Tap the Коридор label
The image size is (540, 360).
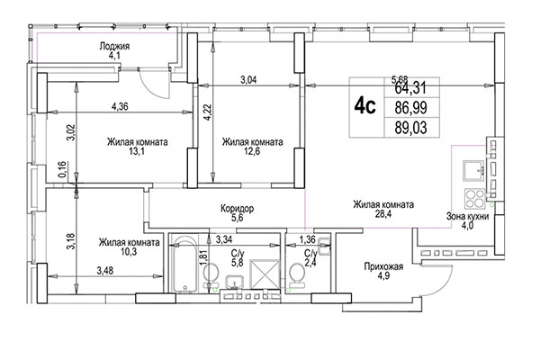(x=238, y=208)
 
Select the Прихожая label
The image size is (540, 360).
(x=382, y=266)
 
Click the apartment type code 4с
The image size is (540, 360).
(x=364, y=106)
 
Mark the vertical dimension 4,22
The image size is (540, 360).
(x=207, y=113)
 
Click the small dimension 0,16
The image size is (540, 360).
(x=61, y=169)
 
